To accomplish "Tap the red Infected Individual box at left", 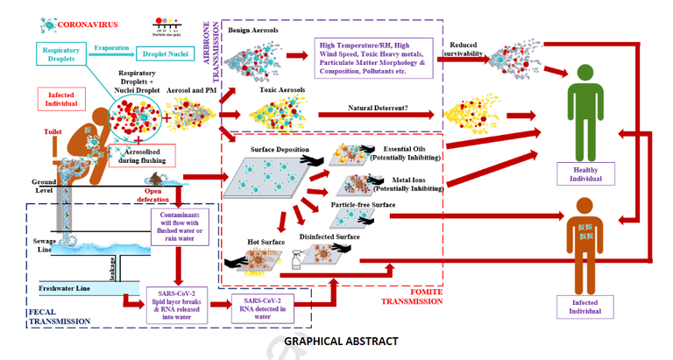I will tap(62, 97).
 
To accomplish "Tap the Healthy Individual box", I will tap(584, 173).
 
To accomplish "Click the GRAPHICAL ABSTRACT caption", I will tap(341, 342).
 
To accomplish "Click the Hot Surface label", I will tap(263, 240).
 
